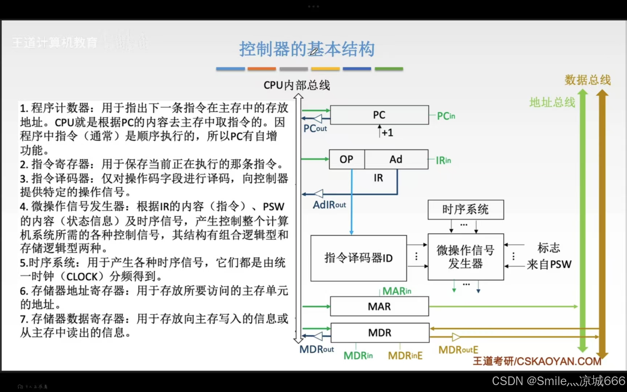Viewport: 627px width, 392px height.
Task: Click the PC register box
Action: (379, 115)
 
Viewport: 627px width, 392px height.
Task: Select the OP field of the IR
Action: (347, 159)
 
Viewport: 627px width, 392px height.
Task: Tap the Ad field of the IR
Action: (396, 159)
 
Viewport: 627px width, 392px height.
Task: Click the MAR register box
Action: (379, 307)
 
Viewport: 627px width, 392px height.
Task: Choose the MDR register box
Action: (380, 333)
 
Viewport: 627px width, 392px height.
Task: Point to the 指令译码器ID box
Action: (358, 258)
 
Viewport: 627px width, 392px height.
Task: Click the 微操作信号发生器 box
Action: (466, 257)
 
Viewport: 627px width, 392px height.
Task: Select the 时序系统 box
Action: (466, 209)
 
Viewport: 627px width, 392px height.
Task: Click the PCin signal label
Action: (446, 116)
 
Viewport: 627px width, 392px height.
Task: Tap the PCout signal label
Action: (315, 128)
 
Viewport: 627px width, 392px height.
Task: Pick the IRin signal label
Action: (443, 160)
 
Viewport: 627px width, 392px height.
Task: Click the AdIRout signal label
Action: (329, 205)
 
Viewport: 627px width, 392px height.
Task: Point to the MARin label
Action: (397, 291)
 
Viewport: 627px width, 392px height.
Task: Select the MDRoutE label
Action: (458, 350)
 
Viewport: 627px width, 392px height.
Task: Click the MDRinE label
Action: (405, 356)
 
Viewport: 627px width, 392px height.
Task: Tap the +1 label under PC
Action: (387, 133)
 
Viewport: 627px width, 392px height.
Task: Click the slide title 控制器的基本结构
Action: (307, 49)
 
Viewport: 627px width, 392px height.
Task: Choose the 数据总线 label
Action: (587, 80)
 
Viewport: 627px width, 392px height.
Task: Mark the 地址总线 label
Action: (552, 102)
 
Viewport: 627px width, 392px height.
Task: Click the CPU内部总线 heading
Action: (297, 85)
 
